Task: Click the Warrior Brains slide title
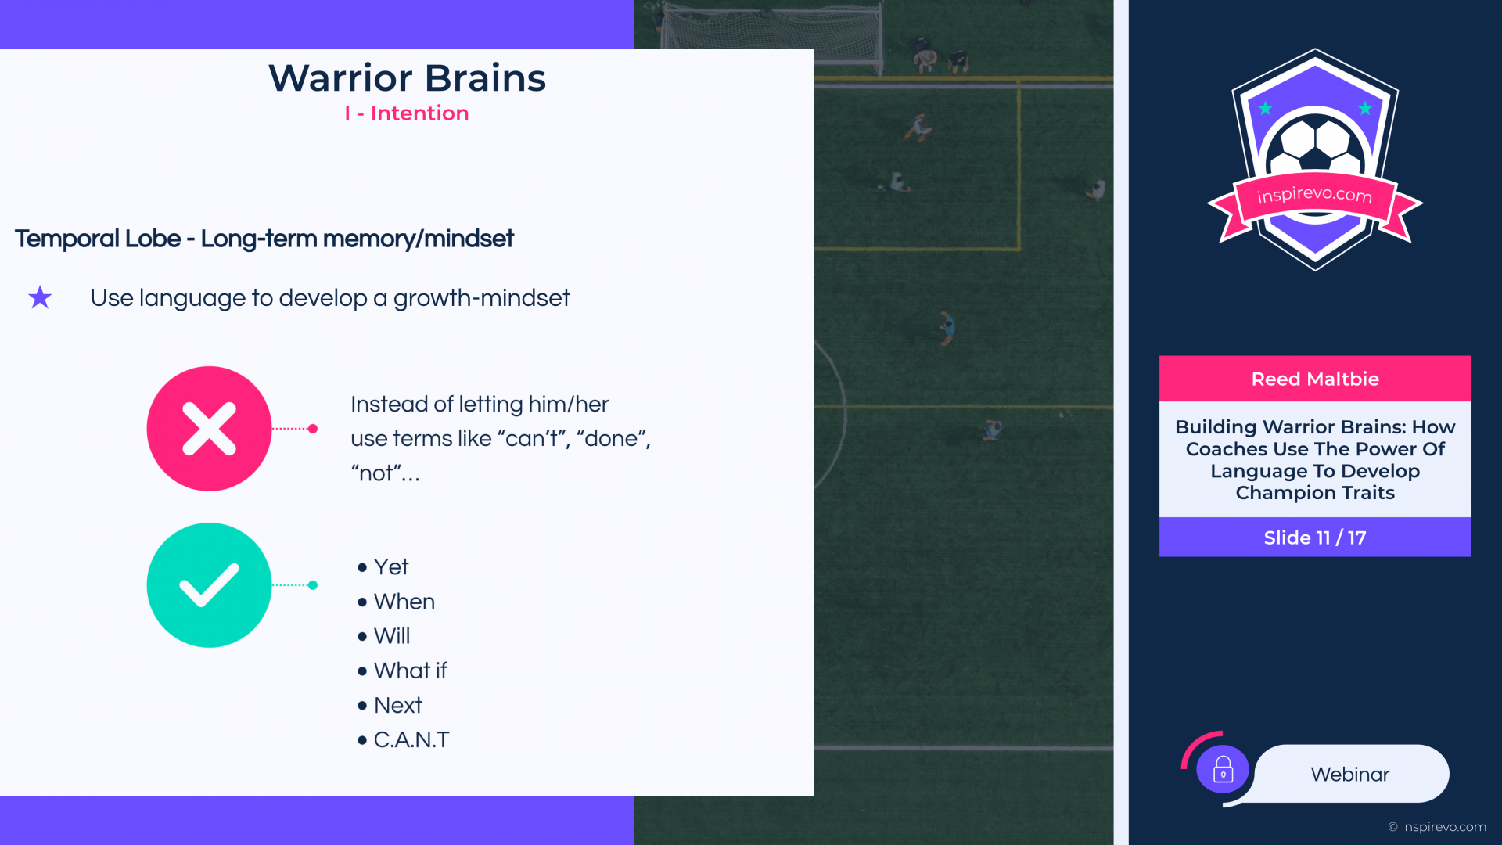click(x=407, y=78)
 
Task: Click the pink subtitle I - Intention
click(x=407, y=113)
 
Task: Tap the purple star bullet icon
click(x=40, y=297)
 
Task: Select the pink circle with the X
click(x=209, y=429)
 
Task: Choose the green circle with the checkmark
click(x=209, y=585)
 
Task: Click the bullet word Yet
click(x=391, y=566)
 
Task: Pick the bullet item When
click(x=404, y=602)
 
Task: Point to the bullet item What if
click(x=411, y=671)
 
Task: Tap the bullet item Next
click(x=398, y=705)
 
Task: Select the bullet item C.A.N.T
click(x=411, y=739)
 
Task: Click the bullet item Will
click(x=392, y=636)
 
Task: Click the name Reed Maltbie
click(x=1315, y=379)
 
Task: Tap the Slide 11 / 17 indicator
click(x=1315, y=538)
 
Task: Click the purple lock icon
click(x=1223, y=769)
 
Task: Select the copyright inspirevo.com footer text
click(x=1437, y=827)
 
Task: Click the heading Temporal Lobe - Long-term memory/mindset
click(x=264, y=239)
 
